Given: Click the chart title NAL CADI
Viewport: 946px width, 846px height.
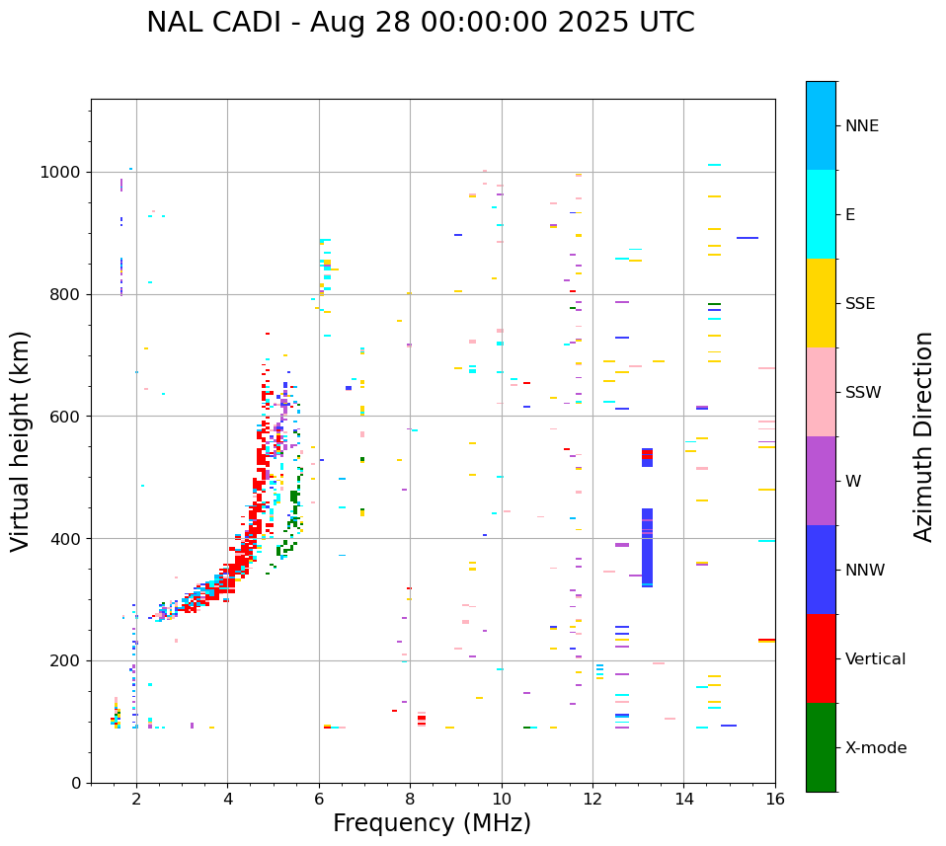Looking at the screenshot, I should coord(420,23).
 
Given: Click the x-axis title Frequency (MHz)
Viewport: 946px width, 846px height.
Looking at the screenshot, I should coord(432,823).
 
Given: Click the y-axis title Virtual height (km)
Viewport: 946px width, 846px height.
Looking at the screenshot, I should coord(21,440).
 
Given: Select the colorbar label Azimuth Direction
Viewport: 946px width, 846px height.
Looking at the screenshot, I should coord(923,435).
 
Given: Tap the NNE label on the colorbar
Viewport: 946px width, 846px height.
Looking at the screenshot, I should coord(861,126).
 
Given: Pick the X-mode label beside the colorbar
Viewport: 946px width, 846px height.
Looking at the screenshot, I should coord(875,748).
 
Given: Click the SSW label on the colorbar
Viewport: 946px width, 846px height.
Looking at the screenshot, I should coord(863,393).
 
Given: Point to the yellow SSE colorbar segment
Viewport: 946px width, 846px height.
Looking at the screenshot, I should coord(821,303).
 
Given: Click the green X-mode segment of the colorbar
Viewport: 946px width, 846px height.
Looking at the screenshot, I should coord(821,747).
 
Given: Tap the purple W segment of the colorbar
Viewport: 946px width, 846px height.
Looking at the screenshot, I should coord(821,481).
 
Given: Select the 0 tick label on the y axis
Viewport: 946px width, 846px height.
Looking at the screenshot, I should coord(78,783).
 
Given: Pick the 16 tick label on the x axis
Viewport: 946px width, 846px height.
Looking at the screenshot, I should coord(775,799).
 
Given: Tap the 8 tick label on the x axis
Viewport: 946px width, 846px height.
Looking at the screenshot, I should coord(410,799).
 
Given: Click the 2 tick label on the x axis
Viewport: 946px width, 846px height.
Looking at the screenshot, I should coord(136,799).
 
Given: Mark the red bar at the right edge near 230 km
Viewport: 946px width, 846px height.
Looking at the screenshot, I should coord(766,640).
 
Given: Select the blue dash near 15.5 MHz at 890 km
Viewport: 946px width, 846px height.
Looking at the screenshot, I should coord(748,238).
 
